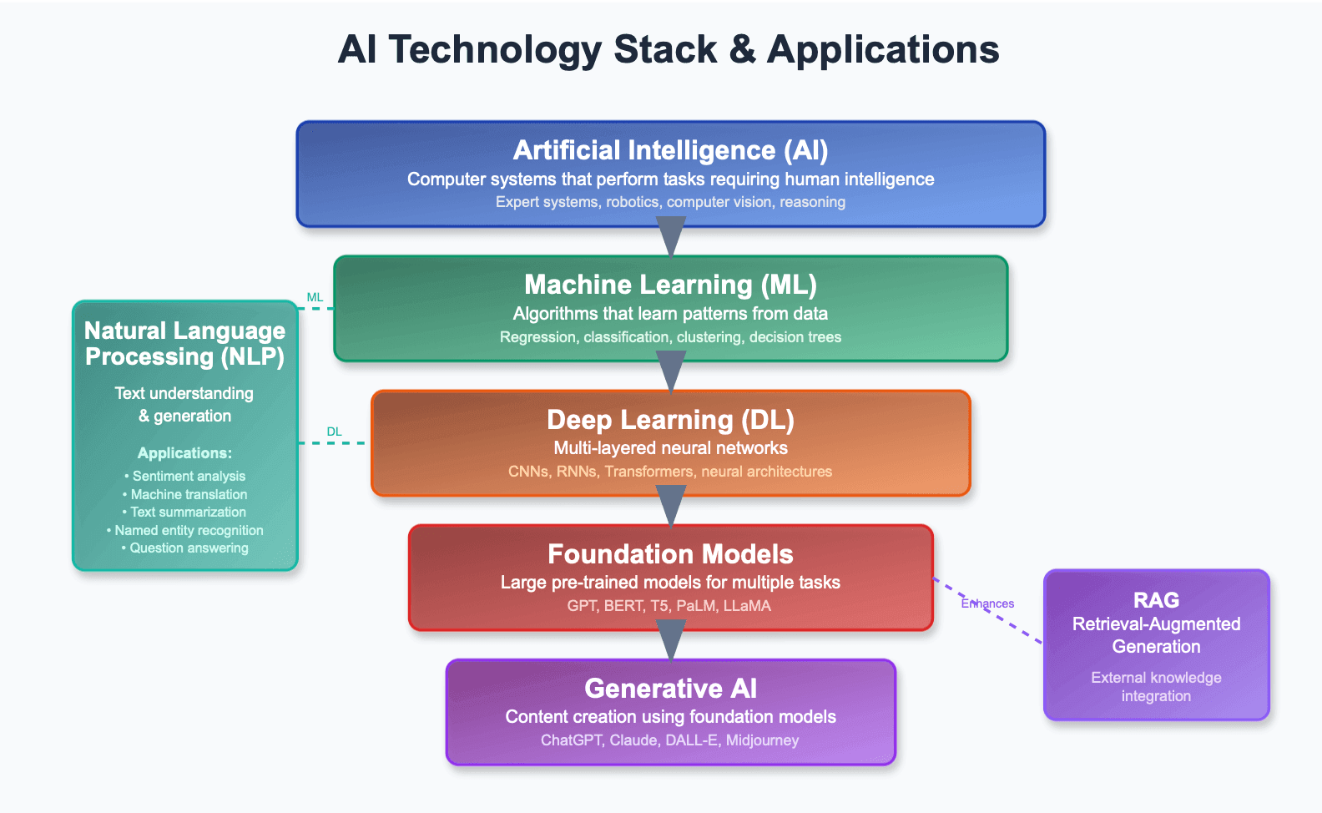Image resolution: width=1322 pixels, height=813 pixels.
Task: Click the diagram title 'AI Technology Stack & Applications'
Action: tap(668, 49)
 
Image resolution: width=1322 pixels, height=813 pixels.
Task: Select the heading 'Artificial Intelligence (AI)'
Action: tap(670, 150)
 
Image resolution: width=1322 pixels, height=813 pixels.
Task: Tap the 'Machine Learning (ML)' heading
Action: tap(670, 285)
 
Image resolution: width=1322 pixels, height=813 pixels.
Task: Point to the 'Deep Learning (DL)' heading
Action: tap(670, 420)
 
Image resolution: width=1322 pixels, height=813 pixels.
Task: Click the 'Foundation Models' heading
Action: tap(670, 553)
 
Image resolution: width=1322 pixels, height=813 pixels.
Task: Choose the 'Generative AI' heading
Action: tap(670, 689)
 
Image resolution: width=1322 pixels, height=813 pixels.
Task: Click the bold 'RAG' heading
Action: tap(1156, 600)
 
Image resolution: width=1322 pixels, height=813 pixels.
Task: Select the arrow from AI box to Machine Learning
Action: tap(671, 237)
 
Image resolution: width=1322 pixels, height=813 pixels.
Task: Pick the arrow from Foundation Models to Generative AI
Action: tap(671, 640)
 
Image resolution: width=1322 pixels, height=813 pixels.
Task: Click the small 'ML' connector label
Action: tap(315, 297)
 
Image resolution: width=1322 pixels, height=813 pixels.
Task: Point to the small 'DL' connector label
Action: tap(334, 432)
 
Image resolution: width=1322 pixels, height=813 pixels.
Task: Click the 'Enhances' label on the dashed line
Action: tap(987, 603)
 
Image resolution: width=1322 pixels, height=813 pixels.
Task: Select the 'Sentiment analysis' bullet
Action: tap(184, 476)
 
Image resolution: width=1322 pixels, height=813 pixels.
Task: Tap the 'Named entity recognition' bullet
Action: tap(184, 530)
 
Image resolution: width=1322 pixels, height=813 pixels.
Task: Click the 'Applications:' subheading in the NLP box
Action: tap(184, 453)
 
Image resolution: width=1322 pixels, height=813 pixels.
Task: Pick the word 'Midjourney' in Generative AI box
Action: tap(762, 740)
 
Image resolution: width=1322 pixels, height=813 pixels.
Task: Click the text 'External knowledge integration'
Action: tap(1156, 687)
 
